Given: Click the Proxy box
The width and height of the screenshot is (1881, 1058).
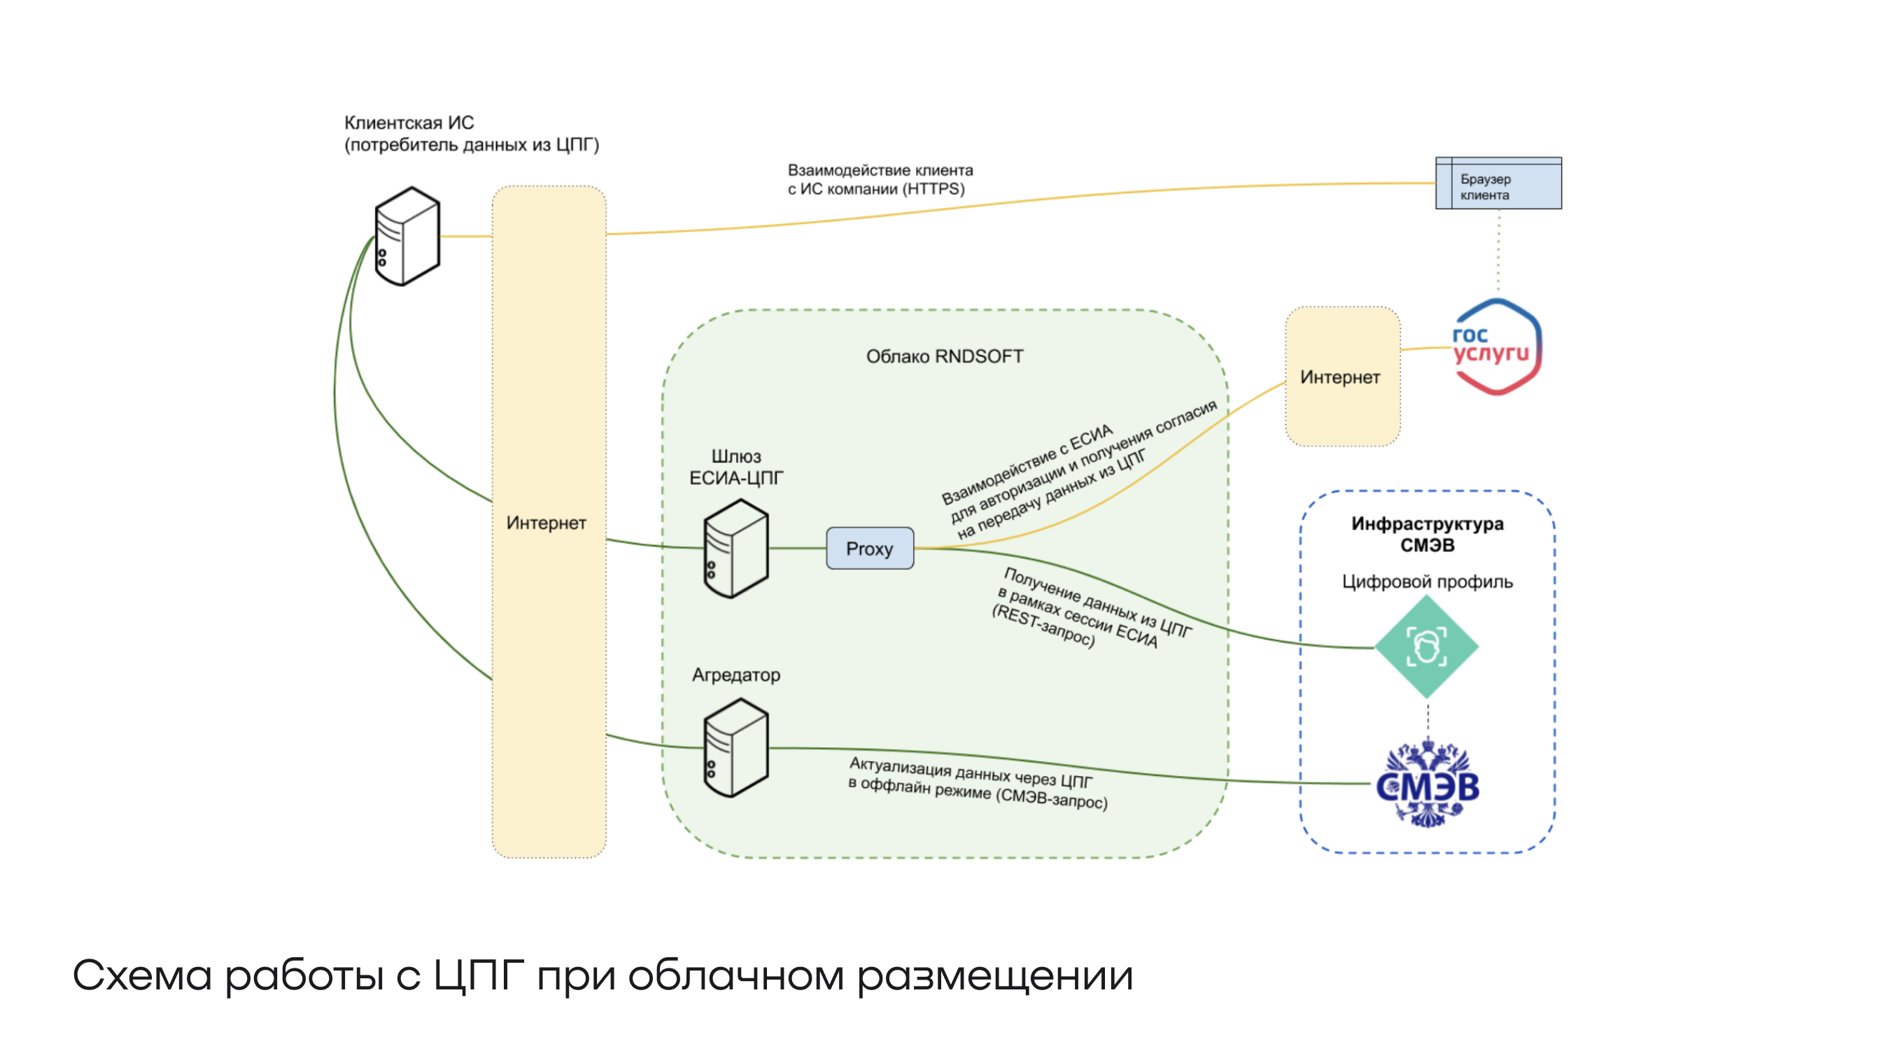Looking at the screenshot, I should [x=869, y=549].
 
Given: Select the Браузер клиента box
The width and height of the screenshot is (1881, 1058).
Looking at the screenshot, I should [x=1498, y=183].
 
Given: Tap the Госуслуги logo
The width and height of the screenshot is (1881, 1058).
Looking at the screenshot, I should [x=1495, y=347].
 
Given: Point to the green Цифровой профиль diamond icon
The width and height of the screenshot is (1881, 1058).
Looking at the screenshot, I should [x=1426, y=647].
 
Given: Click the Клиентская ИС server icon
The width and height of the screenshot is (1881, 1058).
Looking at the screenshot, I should [x=407, y=236].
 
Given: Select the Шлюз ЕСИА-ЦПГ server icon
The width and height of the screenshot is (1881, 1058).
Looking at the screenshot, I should [x=735, y=549].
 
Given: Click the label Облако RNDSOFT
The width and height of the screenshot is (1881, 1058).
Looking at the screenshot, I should [x=944, y=356].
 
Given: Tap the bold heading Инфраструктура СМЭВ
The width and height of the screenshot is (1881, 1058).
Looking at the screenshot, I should [x=1427, y=535].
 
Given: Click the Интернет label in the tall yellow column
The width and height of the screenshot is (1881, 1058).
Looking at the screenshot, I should [x=547, y=523].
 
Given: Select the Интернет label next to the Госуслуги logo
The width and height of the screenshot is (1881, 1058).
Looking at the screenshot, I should [x=1340, y=377].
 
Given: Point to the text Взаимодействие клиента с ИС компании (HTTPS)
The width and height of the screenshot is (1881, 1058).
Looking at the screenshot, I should [x=880, y=180].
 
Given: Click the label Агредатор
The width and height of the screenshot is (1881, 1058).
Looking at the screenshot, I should [x=736, y=675].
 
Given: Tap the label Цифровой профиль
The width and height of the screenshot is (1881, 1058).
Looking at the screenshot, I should [x=1427, y=582].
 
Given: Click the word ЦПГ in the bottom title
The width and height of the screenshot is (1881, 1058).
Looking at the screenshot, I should [x=478, y=975].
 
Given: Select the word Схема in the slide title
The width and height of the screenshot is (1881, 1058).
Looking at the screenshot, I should [x=142, y=975].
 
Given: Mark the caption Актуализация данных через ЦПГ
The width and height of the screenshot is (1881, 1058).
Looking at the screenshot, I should [x=971, y=773].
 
